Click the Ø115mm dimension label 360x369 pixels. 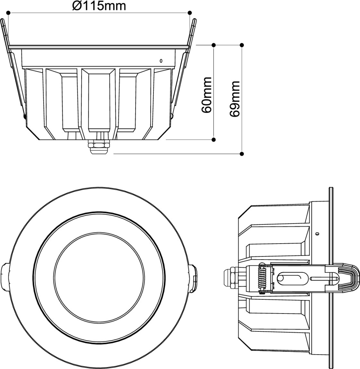99,5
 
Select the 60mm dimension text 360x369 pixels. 207,95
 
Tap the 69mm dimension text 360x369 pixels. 235,99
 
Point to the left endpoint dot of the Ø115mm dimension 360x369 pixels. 8,13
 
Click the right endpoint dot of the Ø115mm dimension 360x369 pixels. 190,13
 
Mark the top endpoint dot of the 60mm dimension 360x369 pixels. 214,45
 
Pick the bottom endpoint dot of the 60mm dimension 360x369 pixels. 214,140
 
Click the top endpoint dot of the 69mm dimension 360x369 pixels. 242,45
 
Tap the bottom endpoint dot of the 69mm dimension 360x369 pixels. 242,154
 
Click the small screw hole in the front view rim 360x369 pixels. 161,61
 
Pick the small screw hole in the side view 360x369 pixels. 317,233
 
